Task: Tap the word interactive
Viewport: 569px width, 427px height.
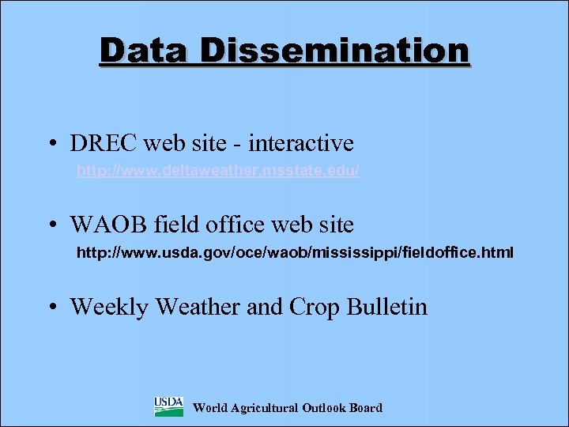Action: (301, 144)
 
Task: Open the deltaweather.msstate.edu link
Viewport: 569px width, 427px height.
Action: (218, 171)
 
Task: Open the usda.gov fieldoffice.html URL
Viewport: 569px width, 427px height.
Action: (294, 253)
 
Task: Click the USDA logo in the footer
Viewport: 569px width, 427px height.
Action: (168, 407)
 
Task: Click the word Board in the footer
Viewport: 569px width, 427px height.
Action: (365, 408)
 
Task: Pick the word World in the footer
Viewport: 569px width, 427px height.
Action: (209, 408)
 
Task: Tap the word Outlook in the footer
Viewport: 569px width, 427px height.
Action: (324, 408)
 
